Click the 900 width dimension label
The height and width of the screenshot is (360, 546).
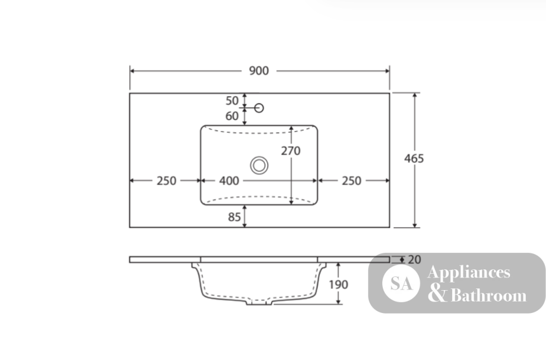coord(259,71)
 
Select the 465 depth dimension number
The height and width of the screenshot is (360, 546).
coord(414,158)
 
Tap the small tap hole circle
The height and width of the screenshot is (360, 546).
coord(259,108)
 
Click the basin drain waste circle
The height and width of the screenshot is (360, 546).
coord(259,165)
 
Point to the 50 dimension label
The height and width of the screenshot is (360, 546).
coord(232,101)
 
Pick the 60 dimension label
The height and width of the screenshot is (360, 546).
coord(232,116)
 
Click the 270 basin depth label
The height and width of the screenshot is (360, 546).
coord(291,151)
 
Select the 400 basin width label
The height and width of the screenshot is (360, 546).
coord(229,181)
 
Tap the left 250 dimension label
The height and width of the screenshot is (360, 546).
coord(167,181)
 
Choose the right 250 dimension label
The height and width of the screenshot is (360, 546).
coord(351,181)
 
